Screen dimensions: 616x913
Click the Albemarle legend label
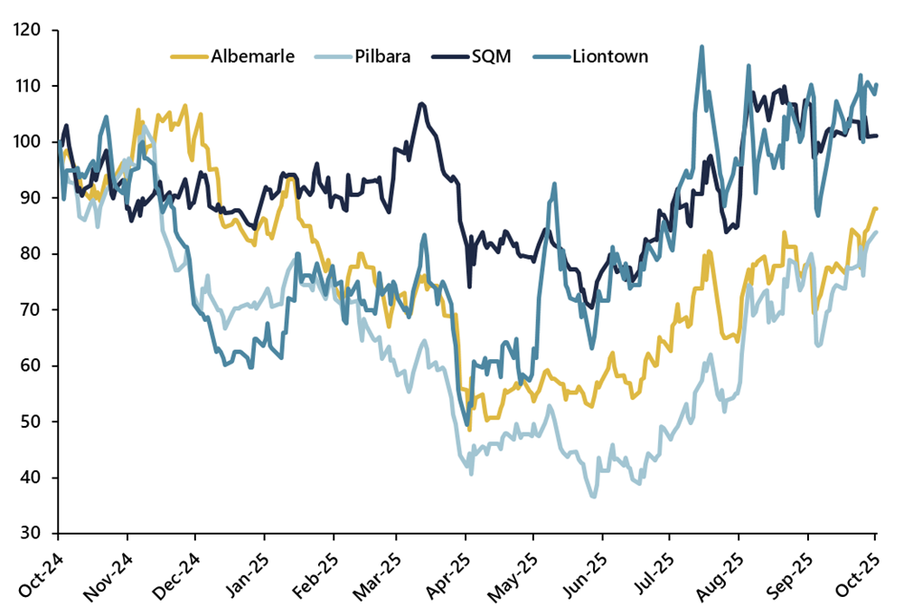[x=252, y=57]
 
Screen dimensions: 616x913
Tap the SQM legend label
[x=492, y=57]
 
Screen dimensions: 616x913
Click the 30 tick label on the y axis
[x=34, y=534]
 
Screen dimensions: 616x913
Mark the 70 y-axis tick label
[x=34, y=310]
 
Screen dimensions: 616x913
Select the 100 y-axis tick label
[x=30, y=142]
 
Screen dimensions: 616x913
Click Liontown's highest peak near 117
[x=701, y=46]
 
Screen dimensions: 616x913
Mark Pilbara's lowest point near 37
[x=594, y=496]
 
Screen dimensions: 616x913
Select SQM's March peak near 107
[x=421, y=104]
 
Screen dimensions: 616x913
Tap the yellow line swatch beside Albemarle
[x=188, y=57]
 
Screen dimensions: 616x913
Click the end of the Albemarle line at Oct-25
[x=876, y=209]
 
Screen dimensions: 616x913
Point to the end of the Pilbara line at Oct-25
[x=876, y=232]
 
